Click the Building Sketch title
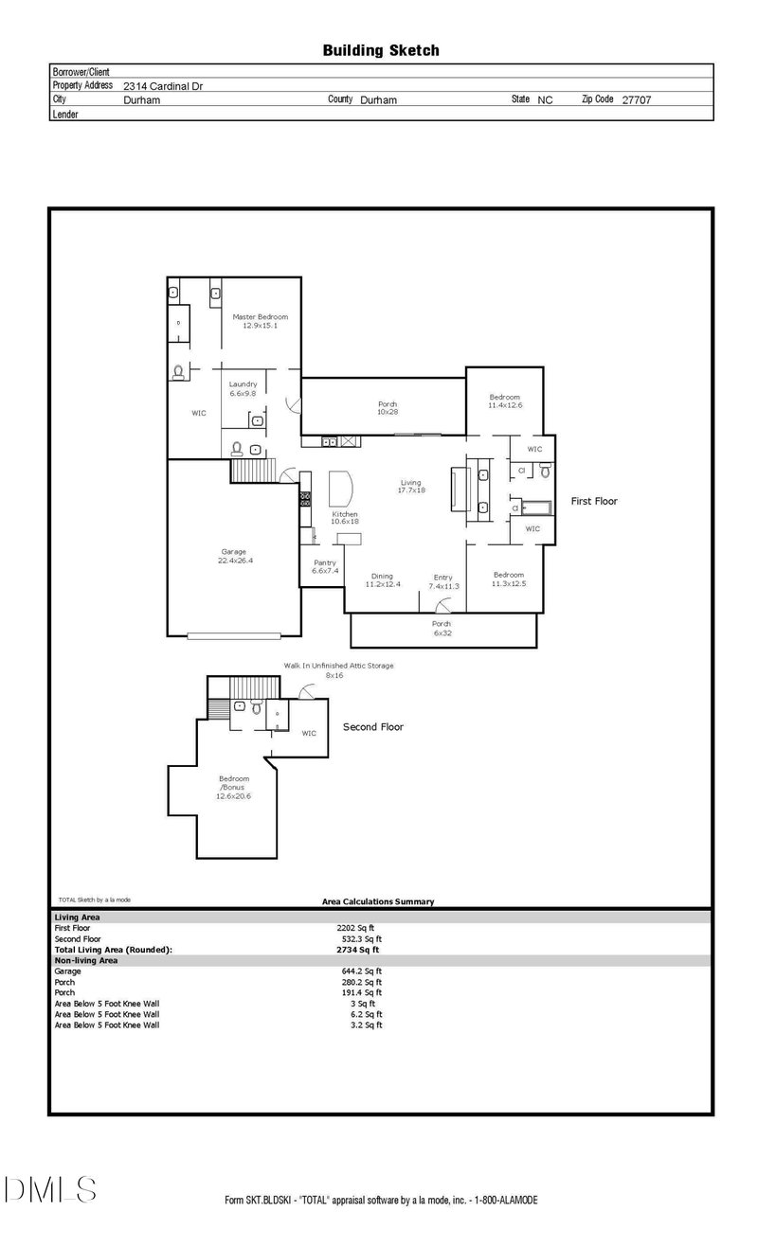[x=381, y=50]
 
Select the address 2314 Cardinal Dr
[x=163, y=85]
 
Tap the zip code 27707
[x=636, y=99]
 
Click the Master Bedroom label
[x=260, y=321]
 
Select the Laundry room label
[x=243, y=388]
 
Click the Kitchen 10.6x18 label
[x=344, y=518]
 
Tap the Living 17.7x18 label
[x=410, y=486]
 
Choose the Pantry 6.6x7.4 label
[x=325, y=566]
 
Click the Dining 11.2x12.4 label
[x=383, y=580]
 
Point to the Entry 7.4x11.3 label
[x=442, y=581]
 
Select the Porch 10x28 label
[x=388, y=408]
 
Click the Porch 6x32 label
[x=442, y=627]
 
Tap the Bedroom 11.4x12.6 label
[x=504, y=401]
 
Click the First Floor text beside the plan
[x=593, y=501]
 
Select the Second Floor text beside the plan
[x=372, y=727]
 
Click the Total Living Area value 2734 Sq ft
[x=358, y=949]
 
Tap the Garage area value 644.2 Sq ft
[x=359, y=971]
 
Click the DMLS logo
[x=49, y=1188]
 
